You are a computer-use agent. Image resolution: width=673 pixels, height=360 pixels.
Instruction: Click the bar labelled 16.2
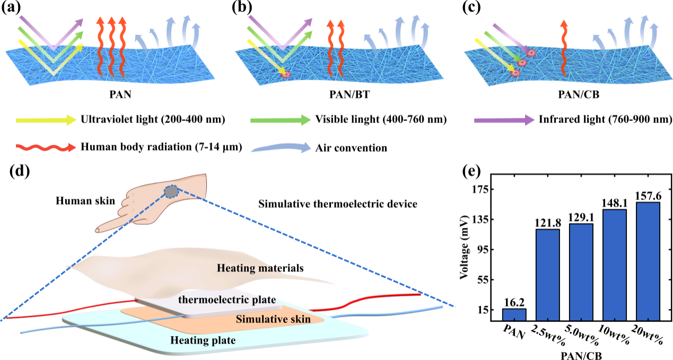point(514,315)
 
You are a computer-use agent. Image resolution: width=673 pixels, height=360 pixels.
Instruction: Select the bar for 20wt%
point(648,261)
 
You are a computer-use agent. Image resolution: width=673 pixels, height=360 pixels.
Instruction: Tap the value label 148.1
point(615,204)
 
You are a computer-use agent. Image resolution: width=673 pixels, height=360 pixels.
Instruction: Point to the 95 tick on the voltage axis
point(479,249)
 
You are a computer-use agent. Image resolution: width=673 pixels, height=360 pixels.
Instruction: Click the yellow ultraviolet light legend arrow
point(46,120)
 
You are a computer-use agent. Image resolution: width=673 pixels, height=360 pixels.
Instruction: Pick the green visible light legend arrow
point(281,120)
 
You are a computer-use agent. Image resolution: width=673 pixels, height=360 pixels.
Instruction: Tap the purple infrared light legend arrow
point(504,120)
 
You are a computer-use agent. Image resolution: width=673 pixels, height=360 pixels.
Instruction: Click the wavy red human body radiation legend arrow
point(46,147)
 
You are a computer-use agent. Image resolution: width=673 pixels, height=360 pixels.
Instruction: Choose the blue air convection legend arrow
point(281,148)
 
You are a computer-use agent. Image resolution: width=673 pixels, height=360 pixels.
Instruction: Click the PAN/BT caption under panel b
point(349,94)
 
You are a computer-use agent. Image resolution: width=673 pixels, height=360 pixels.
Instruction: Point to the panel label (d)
point(20,171)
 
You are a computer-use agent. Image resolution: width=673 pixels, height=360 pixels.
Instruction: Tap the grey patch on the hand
point(171,191)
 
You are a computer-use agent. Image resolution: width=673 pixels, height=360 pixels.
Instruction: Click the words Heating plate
point(203,340)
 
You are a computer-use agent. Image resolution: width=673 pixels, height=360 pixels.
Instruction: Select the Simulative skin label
point(273,319)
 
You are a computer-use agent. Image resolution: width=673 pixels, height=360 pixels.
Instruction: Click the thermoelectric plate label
point(227,300)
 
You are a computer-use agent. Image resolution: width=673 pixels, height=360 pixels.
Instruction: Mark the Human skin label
point(85,201)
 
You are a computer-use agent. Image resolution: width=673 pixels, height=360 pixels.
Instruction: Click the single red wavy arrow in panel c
point(564,48)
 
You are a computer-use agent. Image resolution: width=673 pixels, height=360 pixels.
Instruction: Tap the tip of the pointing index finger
point(97,231)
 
